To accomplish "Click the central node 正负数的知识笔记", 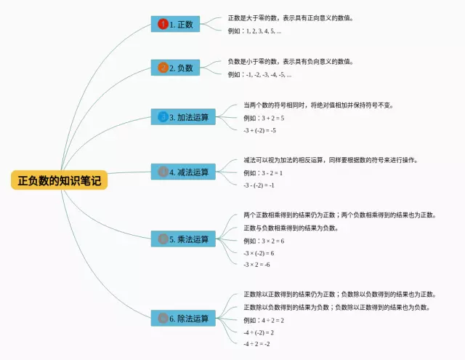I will click(59, 180).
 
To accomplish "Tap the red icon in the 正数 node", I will click(163, 24).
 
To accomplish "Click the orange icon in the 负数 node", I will click(163, 68).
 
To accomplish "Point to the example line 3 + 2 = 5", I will click(264, 118).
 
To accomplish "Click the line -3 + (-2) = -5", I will click(259, 130).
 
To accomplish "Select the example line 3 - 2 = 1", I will click(263, 173).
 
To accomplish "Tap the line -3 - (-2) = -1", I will click(259, 185).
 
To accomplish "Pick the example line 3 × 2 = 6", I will click(264, 241).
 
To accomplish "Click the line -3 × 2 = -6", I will click(257, 265).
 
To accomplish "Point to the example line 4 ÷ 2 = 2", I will click(264, 320).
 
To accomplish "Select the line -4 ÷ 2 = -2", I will click(257, 343).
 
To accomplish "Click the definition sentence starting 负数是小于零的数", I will click(291, 62).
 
